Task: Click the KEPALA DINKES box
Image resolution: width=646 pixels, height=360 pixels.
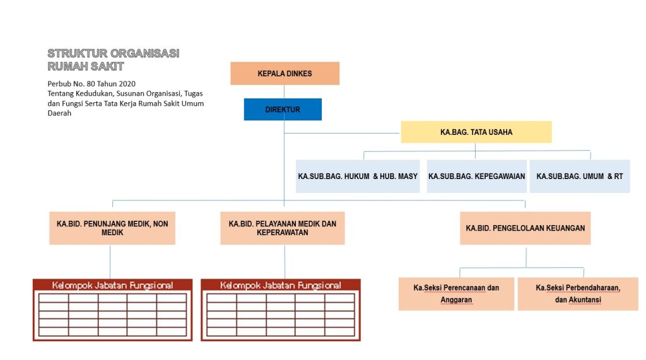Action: pyautogui.click(x=285, y=73)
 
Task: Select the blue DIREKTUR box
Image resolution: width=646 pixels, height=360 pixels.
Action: pyautogui.click(x=283, y=109)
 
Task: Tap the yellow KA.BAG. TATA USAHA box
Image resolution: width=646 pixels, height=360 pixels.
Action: pyautogui.click(x=476, y=132)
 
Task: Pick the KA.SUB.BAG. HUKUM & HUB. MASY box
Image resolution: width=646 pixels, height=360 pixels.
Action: pyautogui.click(x=358, y=177)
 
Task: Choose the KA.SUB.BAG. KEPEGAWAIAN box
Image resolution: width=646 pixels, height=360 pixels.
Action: pyautogui.click(x=477, y=177)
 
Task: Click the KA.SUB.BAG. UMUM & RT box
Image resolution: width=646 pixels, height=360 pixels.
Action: pyautogui.click(x=580, y=177)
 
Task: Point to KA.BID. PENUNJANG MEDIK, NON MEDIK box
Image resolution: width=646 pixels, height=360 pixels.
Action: pyautogui.click(x=112, y=228)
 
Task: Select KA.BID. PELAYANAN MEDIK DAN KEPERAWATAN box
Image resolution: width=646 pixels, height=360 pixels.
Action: pyautogui.click(x=283, y=228)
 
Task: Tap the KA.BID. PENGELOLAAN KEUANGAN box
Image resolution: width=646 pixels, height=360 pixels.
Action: pyautogui.click(x=526, y=228)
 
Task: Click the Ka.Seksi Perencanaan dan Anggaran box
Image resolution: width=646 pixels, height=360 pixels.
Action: pyautogui.click(x=457, y=294)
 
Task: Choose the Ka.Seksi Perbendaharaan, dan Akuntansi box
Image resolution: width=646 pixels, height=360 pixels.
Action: pyautogui.click(x=578, y=294)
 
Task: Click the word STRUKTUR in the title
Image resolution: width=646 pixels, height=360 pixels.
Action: pyautogui.click(x=78, y=54)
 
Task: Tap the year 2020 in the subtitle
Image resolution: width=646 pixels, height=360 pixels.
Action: pyautogui.click(x=127, y=84)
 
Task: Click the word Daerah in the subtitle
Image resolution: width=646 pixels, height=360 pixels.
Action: pyautogui.click(x=59, y=113)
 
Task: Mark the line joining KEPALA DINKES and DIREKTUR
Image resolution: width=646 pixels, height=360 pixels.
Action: pyautogui.click(x=284, y=91)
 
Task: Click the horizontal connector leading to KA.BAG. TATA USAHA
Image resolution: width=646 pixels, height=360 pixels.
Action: pyautogui.click(x=343, y=133)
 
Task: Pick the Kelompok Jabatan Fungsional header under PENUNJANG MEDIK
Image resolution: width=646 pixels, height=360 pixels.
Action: pyautogui.click(x=112, y=285)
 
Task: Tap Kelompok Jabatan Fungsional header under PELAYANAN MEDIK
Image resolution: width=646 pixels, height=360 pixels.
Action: pyautogui.click(x=281, y=285)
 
